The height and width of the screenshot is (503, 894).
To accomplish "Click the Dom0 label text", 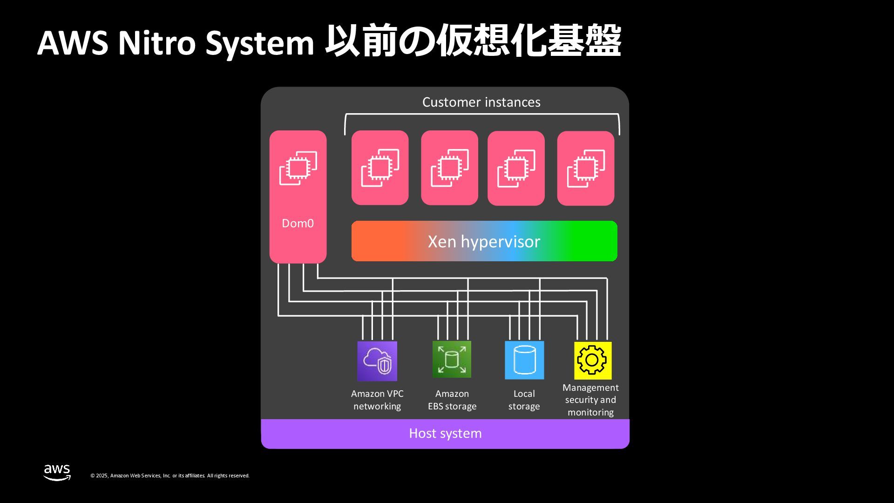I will [x=298, y=224].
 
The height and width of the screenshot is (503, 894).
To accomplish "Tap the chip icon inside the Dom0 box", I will [x=298, y=168].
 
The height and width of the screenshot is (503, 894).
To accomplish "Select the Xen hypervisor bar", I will [x=484, y=241].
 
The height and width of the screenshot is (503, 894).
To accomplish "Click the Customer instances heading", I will [x=481, y=102].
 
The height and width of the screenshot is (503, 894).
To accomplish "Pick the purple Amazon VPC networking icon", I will [x=377, y=361].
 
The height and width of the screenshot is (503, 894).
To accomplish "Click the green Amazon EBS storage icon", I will [x=452, y=360].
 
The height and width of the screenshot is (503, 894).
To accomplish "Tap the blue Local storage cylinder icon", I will [x=524, y=360].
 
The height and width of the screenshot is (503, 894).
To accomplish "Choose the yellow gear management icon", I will [x=592, y=360].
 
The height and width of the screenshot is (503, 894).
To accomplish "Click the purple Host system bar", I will [x=445, y=434].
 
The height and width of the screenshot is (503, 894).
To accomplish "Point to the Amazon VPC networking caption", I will [x=377, y=400].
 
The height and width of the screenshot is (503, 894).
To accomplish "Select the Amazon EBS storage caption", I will [x=452, y=400].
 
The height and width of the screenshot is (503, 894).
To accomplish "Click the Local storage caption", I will [x=524, y=400].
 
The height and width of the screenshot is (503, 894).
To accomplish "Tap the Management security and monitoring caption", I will [x=590, y=400].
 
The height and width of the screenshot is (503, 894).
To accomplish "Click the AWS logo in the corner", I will [x=57, y=472].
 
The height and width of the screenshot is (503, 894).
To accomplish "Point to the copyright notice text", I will [x=170, y=476].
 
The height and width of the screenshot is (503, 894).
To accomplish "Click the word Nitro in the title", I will [x=156, y=43].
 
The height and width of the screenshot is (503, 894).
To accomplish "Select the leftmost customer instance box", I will [x=380, y=168].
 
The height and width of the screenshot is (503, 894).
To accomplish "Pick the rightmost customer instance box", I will [x=585, y=168].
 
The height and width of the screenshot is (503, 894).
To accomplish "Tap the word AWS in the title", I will [x=73, y=43].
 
